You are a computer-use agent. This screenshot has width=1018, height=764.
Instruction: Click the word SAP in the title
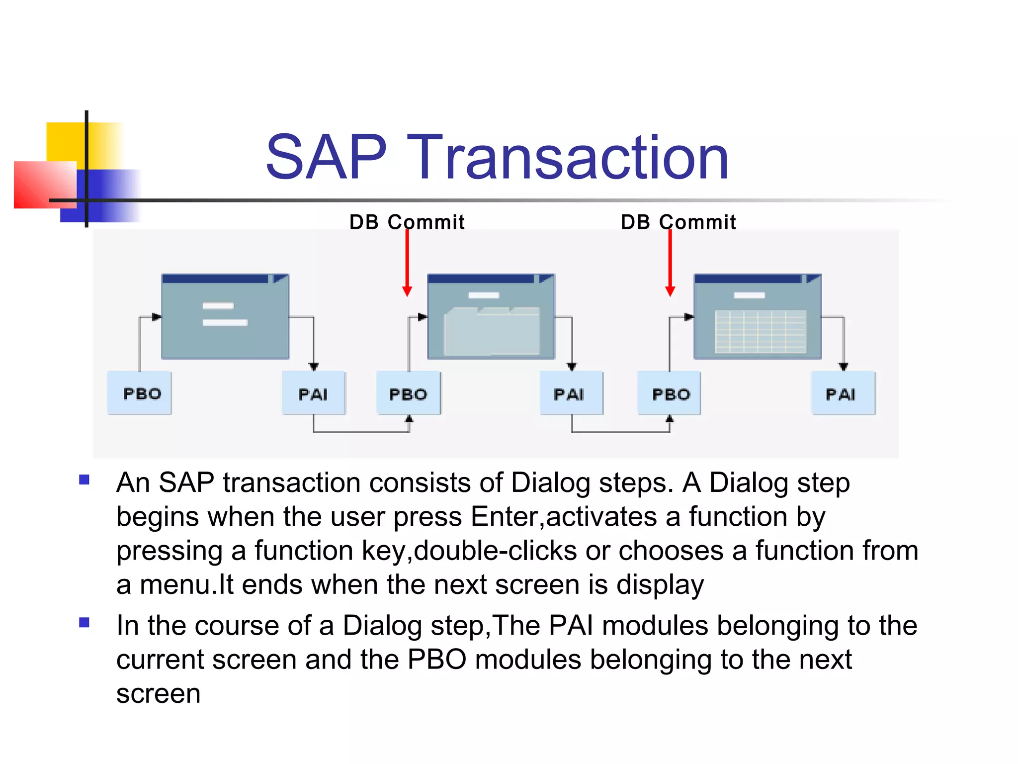(x=326, y=158)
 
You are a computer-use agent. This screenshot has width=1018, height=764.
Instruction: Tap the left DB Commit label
(x=407, y=222)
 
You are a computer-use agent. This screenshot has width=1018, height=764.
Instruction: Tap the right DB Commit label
(x=678, y=222)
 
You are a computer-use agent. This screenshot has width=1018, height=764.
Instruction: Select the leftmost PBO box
(x=140, y=393)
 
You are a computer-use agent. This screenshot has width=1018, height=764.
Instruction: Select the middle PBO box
(x=409, y=393)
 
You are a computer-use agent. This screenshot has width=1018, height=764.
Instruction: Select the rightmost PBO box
(x=669, y=393)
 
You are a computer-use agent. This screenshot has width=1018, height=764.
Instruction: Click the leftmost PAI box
(x=313, y=393)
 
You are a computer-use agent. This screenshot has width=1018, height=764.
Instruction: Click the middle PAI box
(x=571, y=393)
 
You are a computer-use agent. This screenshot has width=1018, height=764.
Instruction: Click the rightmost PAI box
(x=844, y=393)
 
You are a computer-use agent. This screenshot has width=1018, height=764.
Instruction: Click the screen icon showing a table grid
(x=757, y=317)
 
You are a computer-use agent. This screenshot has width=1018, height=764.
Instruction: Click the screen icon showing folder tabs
(x=491, y=317)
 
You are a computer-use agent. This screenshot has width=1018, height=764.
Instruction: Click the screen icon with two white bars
(x=225, y=317)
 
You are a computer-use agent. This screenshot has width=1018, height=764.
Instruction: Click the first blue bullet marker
(x=84, y=480)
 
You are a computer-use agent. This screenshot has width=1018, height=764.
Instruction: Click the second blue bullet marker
(x=84, y=622)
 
